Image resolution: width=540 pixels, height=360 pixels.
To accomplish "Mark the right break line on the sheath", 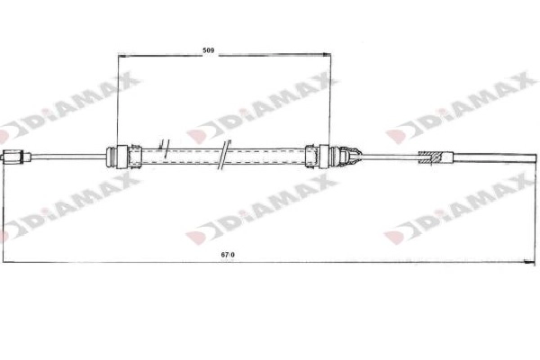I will click(x=222, y=158).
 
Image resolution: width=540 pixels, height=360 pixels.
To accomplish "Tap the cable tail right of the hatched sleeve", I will click(x=486, y=157).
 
